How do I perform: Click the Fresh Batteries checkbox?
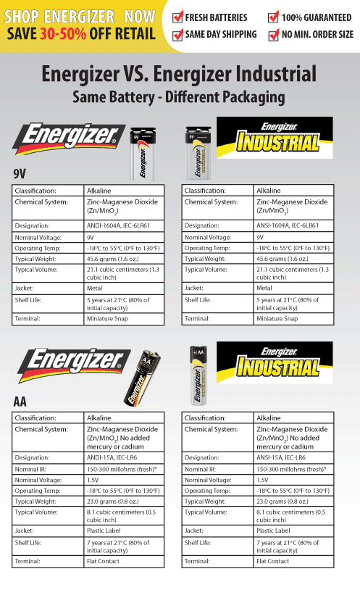[177, 17]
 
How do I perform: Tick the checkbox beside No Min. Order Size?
[273, 34]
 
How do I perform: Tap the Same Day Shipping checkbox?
[177, 34]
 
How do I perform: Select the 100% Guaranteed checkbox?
[273, 17]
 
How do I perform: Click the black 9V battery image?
[142, 154]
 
